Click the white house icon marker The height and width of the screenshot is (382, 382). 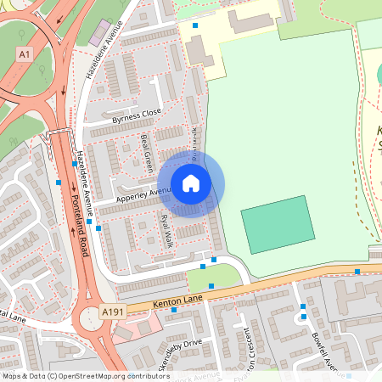click(191, 183)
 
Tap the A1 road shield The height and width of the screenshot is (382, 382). click(25, 53)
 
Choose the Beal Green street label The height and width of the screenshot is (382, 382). click(145, 149)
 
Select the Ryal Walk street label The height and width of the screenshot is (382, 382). click(167, 230)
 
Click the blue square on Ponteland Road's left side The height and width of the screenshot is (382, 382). click(59, 182)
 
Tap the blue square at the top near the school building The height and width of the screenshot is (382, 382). click(195, 26)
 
